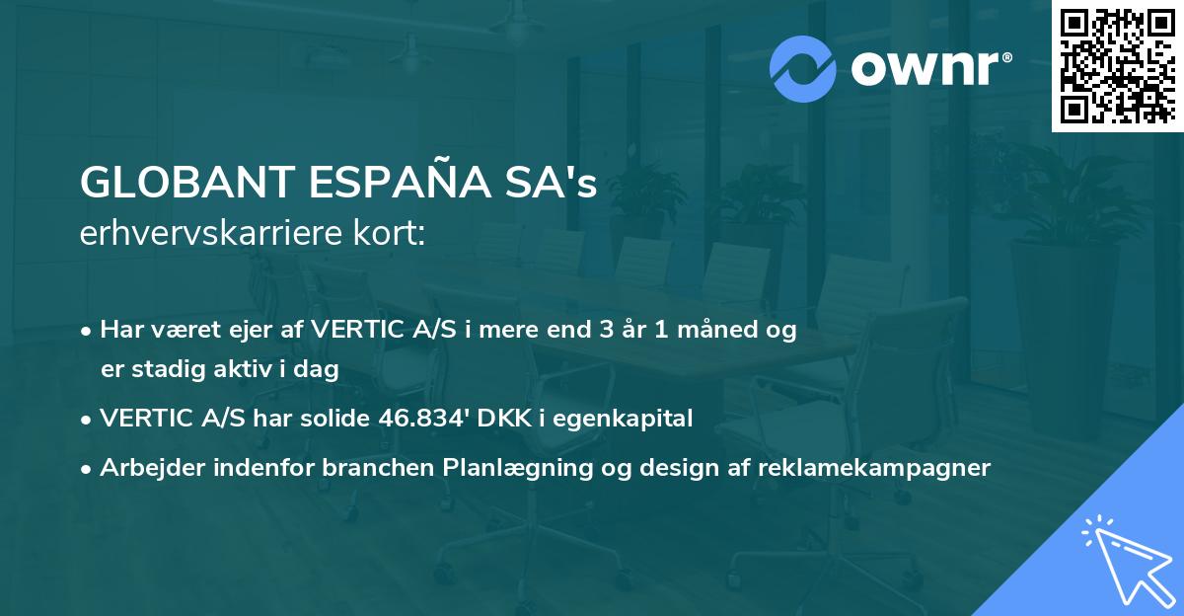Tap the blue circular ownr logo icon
(801, 68)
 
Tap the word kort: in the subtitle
(394, 234)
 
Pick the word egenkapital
(629, 419)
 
